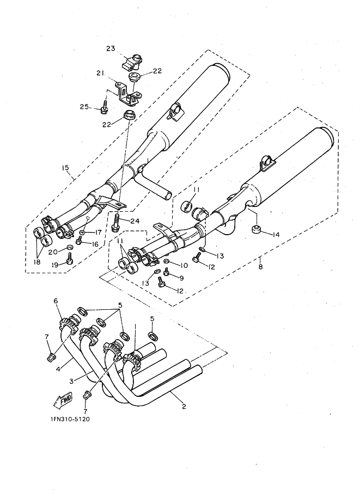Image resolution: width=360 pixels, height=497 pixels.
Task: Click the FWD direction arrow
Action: [x=63, y=401]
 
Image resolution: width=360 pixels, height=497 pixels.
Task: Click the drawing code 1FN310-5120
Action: [x=70, y=419]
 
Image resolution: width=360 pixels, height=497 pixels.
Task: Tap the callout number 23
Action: [x=111, y=48]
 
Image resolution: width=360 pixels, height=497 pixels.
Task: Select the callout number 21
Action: [x=100, y=73]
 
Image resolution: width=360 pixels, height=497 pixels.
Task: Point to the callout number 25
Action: [x=84, y=107]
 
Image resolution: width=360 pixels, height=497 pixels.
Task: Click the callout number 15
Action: [x=65, y=168]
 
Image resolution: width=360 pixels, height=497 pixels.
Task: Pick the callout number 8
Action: [x=260, y=267]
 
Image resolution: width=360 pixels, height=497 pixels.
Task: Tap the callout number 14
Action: [x=276, y=235]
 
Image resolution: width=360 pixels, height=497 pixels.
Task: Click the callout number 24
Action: [x=135, y=221]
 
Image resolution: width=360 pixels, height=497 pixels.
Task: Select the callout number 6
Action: [x=56, y=300]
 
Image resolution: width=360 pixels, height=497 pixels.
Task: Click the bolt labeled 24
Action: [x=116, y=222]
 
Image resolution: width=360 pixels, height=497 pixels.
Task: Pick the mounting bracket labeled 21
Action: [x=129, y=94]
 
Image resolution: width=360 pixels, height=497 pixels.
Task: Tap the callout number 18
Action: [x=37, y=262]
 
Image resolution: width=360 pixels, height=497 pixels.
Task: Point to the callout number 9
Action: [x=181, y=278]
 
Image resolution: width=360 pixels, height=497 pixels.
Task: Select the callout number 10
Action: [x=184, y=265]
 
